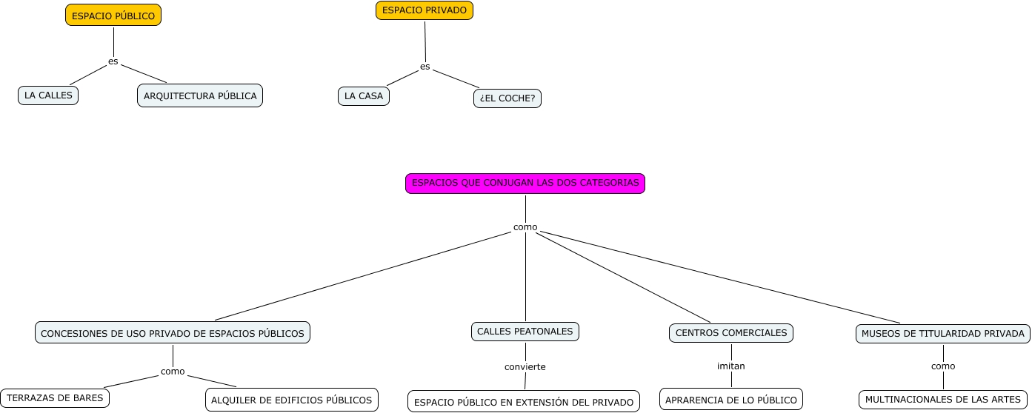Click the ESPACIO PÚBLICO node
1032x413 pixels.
pos(113,16)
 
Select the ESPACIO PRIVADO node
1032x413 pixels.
pos(425,10)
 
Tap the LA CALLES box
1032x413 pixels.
pos(48,95)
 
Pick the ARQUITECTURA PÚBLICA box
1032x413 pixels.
pos(200,95)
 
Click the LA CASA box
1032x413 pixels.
pos(364,96)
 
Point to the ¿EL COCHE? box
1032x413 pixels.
pos(507,98)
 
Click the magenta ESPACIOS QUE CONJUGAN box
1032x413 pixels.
pos(525,183)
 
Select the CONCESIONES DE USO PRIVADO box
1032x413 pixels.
pos(173,333)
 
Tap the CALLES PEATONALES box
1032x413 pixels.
pos(525,332)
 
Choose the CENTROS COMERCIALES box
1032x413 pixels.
pos(731,333)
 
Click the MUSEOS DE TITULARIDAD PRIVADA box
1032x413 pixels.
pos(943,334)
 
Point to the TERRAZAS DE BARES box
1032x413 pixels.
pos(55,398)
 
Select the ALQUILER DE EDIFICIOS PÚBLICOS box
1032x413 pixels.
pos(292,400)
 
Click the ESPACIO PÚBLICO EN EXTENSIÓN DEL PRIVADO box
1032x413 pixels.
pos(524,402)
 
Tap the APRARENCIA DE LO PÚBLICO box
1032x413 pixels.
pos(731,400)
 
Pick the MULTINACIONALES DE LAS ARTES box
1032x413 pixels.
pos(942,400)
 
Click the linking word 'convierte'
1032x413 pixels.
pos(525,366)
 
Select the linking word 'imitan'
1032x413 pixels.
pos(731,366)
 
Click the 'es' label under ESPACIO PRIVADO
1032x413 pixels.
pos(425,67)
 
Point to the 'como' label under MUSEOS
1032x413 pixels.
pos(943,366)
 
